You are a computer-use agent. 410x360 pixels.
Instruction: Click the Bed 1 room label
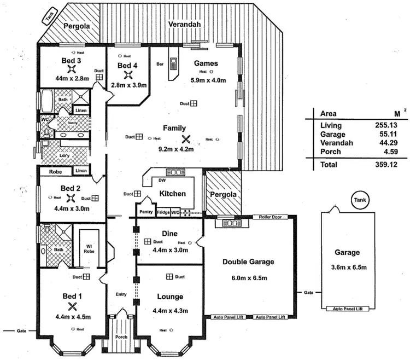[71, 296]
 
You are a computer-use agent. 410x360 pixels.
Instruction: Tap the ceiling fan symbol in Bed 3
[71, 69]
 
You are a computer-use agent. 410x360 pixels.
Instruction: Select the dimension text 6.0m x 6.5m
[248, 278]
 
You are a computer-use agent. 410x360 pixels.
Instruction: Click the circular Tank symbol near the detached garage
[359, 201]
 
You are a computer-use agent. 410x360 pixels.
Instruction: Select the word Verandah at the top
[184, 25]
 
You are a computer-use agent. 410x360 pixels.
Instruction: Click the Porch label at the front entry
[121, 336]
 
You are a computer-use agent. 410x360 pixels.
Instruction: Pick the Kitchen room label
[172, 193]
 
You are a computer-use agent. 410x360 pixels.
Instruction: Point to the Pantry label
[145, 211]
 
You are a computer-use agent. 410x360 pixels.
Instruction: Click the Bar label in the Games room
[160, 64]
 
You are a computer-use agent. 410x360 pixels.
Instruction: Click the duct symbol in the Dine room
[148, 241]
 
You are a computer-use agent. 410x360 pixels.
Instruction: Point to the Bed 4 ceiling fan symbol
[128, 76]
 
